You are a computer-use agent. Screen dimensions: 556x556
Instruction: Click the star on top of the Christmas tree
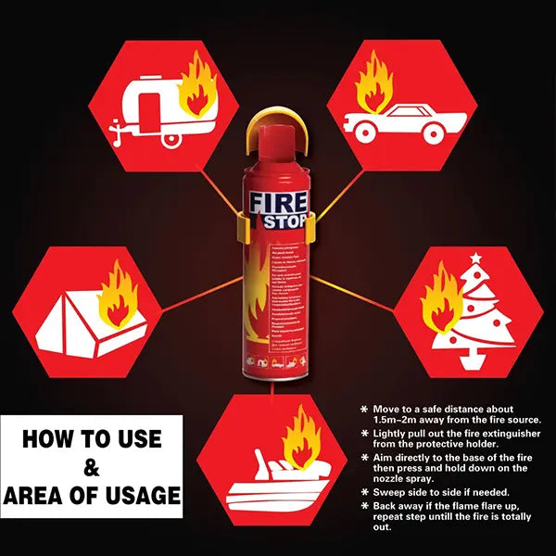pos(476,258)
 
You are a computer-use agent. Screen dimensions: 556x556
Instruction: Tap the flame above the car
pos(374,79)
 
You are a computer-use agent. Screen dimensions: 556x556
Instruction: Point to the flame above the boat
pos(302,436)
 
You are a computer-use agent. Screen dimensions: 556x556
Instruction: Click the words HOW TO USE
pos(91,438)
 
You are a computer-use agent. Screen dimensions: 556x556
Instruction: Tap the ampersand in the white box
pos(91,467)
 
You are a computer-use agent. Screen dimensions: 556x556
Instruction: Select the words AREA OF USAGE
pos(91,496)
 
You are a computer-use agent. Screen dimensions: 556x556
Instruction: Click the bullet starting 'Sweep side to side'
pos(436,492)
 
